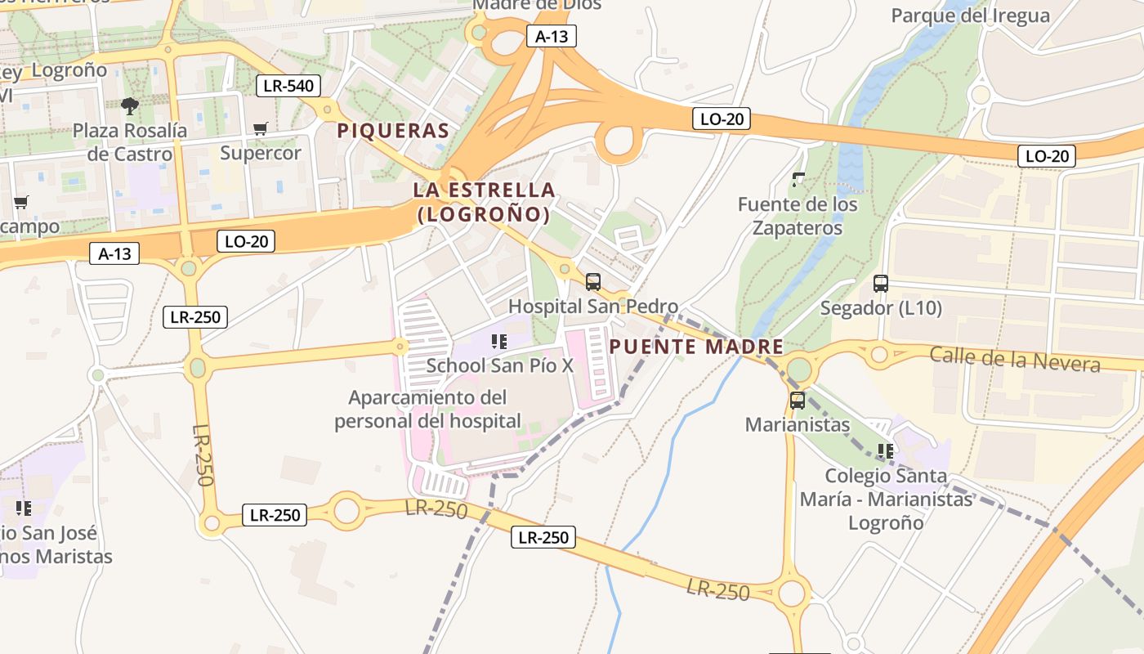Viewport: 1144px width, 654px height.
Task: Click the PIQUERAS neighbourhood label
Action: click(x=393, y=131)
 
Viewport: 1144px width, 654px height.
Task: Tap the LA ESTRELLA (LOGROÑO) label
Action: click(x=484, y=202)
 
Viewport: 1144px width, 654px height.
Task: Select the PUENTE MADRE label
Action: click(x=696, y=347)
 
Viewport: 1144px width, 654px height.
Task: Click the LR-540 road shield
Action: click(x=288, y=85)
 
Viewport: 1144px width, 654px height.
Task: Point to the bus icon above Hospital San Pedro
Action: click(x=593, y=282)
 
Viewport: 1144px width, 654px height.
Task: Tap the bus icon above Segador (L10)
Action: click(x=881, y=284)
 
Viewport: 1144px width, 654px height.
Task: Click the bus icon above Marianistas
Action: click(x=797, y=401)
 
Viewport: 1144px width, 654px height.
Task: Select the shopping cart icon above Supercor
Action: click(x=261, y=128)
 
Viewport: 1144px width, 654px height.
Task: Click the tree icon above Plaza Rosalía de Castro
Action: click(x=129, y=105)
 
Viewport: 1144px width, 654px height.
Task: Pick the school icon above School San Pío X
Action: click(x=499, y=341)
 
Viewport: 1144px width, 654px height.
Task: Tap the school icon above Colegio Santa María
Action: click(x=886, y=450)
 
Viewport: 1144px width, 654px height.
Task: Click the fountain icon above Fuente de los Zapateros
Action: click(x=798, y=179)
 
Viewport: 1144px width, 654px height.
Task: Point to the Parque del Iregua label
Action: click(x=970, y=16)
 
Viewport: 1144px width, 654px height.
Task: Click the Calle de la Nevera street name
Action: click(x=1015, y=359)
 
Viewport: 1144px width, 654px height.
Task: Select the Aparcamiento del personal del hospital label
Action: click(x=427, y=410)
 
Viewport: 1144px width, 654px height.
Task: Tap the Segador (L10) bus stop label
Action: click(x=881, y=308)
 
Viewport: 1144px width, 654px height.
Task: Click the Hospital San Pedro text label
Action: click(x=593, y=307)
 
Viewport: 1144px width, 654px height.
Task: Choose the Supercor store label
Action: click(x=261, y=153)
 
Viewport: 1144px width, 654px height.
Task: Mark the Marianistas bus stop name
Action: click(x=797, y=425)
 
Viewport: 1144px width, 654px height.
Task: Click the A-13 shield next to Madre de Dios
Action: click(x=552, y=36)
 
